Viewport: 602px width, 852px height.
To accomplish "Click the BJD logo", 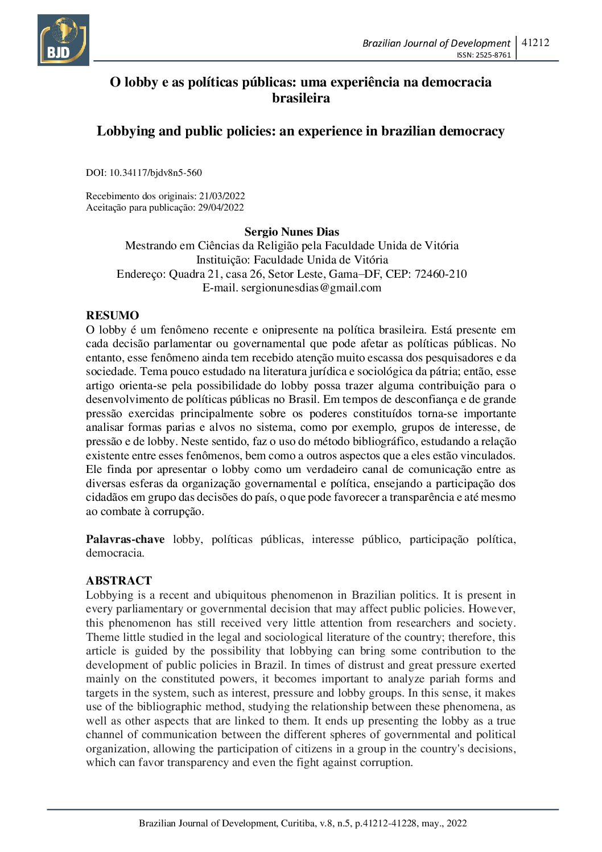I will click(63, 40).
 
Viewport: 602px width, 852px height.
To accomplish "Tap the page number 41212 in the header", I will click(535, 42).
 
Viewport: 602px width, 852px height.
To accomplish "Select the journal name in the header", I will click(436, 43).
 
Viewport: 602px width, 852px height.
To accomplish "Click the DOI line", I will click(144, 172).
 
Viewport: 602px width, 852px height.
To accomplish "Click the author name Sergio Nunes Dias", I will click(291, 232).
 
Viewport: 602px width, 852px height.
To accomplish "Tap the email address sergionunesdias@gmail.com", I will click(311, 288).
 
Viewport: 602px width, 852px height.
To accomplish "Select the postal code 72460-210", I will click(440, 274).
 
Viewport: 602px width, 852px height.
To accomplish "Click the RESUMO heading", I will click(112, 315).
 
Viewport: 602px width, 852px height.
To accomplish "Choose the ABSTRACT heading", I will click(119, 581).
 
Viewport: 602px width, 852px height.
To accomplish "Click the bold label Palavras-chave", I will click(125, 539).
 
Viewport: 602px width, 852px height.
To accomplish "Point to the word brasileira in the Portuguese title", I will click(300, 98).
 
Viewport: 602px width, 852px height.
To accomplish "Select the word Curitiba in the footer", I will click(299, 823).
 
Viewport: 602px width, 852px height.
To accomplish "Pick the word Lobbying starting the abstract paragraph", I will click(110, 595).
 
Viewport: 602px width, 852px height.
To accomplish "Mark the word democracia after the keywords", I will click(114, 553).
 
